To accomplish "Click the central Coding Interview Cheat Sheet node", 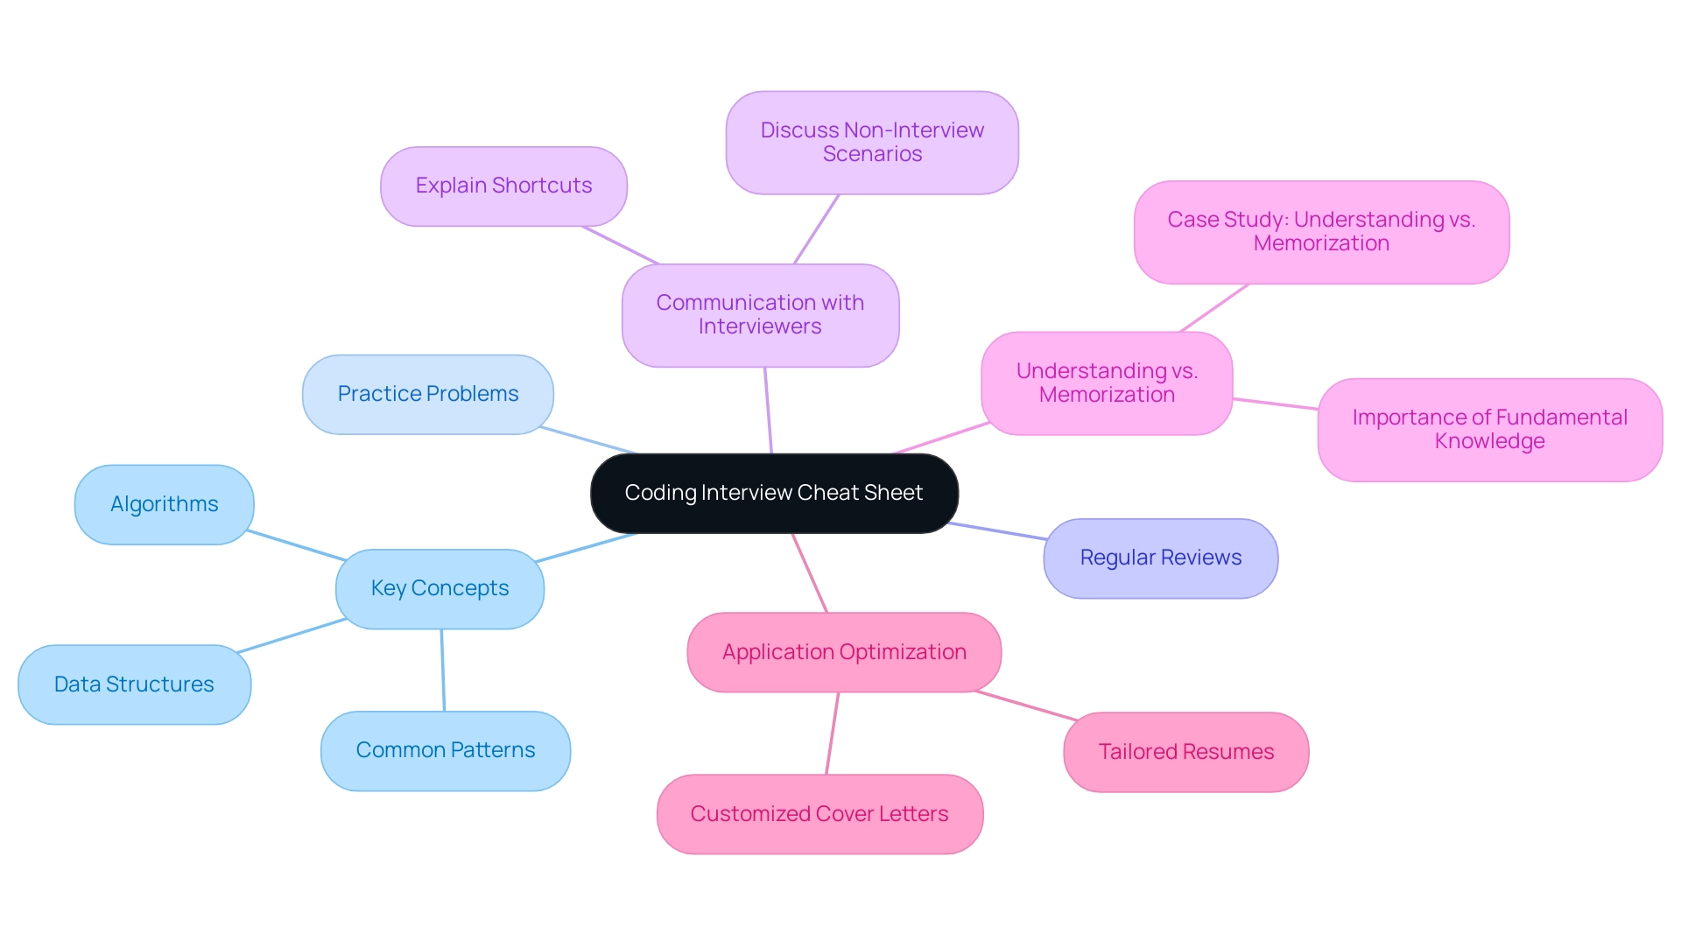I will tap(774, 493).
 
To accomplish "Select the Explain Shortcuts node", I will tap(503, 186).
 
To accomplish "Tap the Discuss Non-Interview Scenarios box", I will tap(872, 142).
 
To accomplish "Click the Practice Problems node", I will tap(427, 394).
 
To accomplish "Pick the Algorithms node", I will tap(164, 504).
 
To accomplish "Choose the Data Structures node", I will tap(134, 685).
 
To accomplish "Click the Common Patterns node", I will tap(445, 750).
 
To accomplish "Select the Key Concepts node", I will tap(440, 588).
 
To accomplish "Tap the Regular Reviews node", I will tap(1160, 558).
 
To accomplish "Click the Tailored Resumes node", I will tap(1185, 752).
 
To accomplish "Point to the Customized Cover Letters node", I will tap(819, 814).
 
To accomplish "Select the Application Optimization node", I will tap(844, 652).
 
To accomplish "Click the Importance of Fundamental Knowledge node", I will tap(1489, 429).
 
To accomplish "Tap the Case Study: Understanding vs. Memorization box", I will tap(1321, 232).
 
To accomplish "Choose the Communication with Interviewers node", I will tap(760, 315).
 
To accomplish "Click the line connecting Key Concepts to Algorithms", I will tap(296, 544).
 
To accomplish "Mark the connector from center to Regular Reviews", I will tap(998, 531).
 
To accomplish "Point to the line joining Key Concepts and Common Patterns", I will tap(442, 670).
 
